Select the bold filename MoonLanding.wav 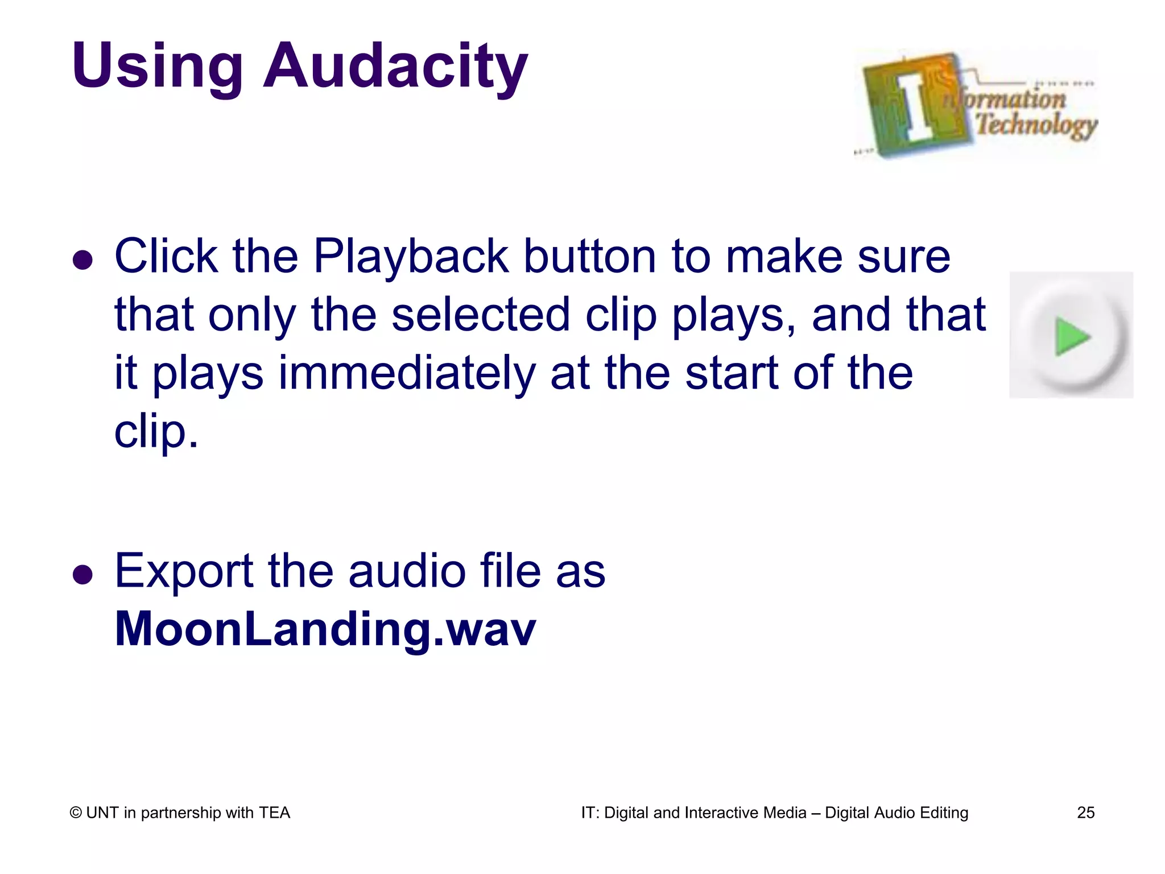325,629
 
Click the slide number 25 1085,813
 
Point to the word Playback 411,257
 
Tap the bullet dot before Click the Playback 83,260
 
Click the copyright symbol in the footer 76,813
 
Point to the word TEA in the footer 274,813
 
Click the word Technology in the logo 1036,124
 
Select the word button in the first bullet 590,257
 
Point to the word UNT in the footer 102,813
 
